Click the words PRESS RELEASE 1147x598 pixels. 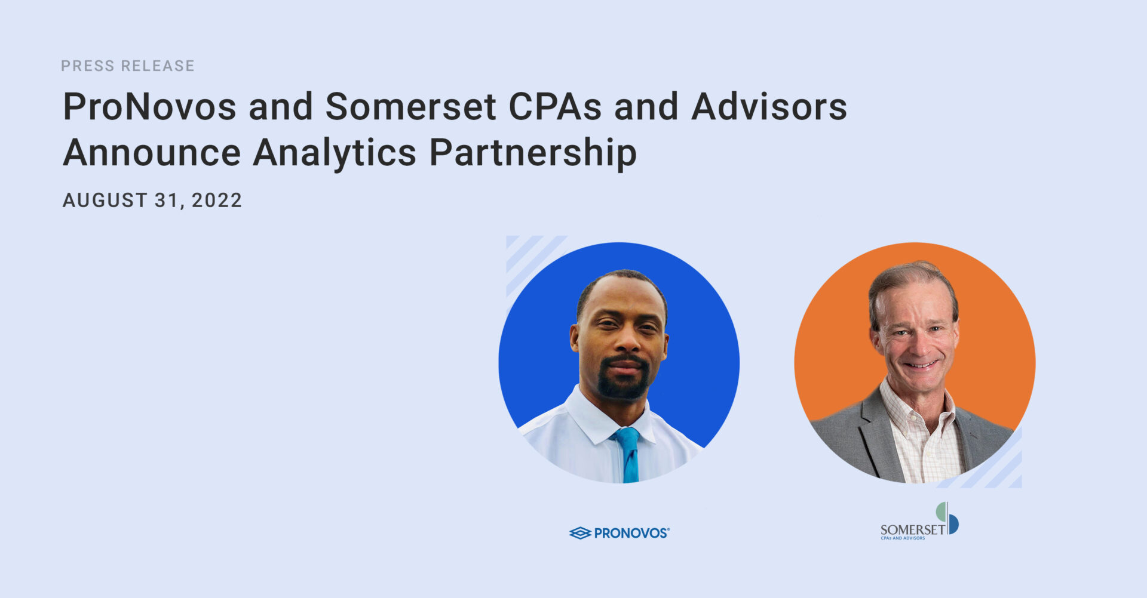[128, 66]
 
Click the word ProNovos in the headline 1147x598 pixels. [150, 107]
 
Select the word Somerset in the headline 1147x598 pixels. [411, 107]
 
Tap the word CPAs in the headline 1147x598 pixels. [555, 107]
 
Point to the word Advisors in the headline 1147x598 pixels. [769, 107]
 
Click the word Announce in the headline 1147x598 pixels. [152, 152]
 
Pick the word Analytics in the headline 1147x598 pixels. [335, 155]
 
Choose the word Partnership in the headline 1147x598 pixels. [533, 155]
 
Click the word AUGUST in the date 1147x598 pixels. [105, 200]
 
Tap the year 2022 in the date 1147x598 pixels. [217, 200]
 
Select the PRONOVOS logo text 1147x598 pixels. [631, 533]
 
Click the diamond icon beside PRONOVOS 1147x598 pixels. [580, 533]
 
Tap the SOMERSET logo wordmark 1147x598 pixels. [913, 529]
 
